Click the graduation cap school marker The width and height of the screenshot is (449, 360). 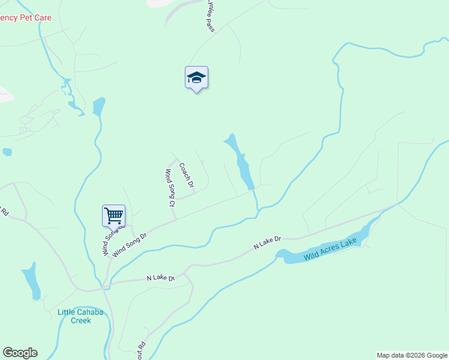[196, 78]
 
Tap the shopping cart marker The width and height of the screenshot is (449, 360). [113, 215]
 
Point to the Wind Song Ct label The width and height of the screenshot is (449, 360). [169, 188]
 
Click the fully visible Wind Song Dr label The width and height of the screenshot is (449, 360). [130, 242]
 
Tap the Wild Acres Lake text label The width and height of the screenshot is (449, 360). [330, 248]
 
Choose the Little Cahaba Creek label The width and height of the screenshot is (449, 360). [80, 316]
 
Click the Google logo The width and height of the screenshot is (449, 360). [20, 353]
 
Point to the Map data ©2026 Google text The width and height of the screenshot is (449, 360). [412, 355]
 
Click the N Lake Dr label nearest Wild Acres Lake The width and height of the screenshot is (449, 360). [267, 242]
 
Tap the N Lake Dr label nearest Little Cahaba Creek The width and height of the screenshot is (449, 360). [160, 278]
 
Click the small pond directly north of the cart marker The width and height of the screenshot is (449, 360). [98, 106]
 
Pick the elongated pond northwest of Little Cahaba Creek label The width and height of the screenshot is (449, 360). [31, 281]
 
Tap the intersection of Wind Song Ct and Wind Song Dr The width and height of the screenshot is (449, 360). [175, 219]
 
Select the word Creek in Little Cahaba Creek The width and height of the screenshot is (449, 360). [80, 320]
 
